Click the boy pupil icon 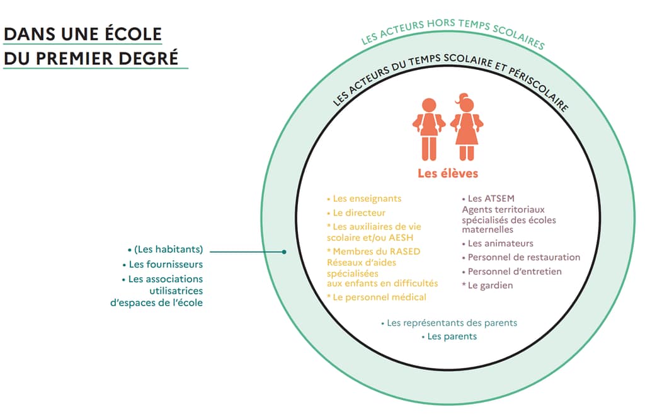(x=429, y=129)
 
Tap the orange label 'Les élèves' (x=448, y=173)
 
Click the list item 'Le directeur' (x=358, y=213)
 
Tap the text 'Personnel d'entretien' (x=515, y=272)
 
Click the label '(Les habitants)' (x=168, y=250)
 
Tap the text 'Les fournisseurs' (x=166, y=264)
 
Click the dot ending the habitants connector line (x=285, y=251)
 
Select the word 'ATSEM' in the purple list (x=500, y=198)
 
